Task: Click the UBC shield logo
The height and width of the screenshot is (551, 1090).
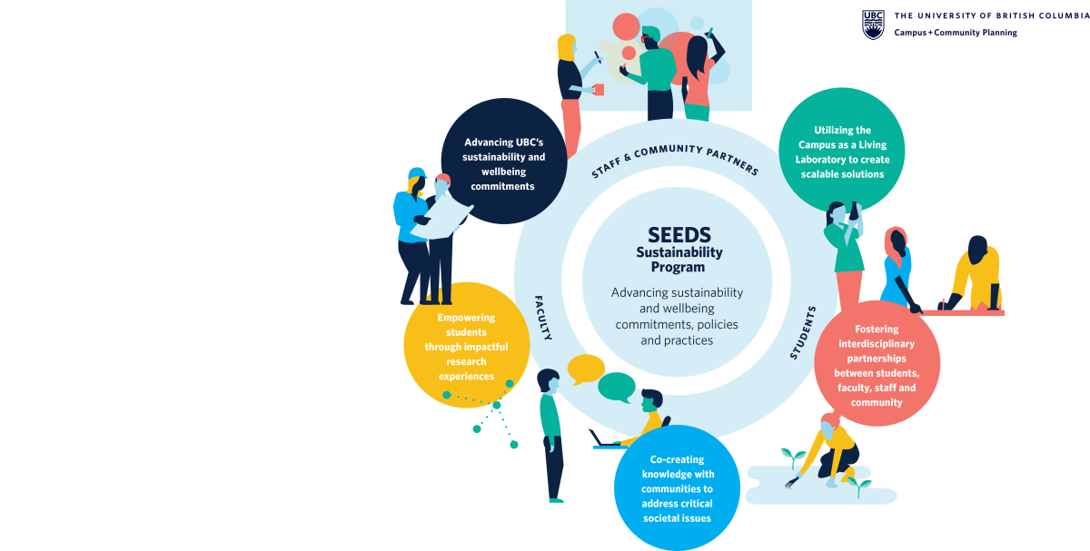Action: pos(873,25)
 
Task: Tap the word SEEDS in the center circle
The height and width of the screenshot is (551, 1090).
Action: pos(679,235)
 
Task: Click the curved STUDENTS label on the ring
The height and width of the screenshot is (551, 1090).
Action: pos(803,333)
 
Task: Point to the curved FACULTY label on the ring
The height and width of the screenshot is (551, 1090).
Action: pos(543,318)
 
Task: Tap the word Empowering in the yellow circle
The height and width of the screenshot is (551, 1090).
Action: pos(466,318)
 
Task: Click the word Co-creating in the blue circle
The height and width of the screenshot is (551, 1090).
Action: pos(677,459)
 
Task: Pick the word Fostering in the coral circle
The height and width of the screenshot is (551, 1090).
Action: pos(877,330)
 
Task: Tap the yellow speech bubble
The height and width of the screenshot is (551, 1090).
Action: pos(585,369)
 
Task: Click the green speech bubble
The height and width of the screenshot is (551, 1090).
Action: pos(617,388)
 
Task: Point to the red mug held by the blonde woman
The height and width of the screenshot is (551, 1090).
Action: pos(599,90)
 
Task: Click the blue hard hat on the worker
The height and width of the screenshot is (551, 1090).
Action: pos(417,173)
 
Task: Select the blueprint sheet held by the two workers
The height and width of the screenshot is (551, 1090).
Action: pos(441,217)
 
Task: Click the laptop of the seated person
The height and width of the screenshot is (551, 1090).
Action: pos(603,439)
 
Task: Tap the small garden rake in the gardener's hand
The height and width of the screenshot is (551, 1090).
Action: pos(791,481)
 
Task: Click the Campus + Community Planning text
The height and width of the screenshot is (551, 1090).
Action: pos(956,33)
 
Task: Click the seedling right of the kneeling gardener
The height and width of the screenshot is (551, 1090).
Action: pos(859,487)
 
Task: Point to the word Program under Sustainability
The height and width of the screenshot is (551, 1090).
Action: pos(678,268)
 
